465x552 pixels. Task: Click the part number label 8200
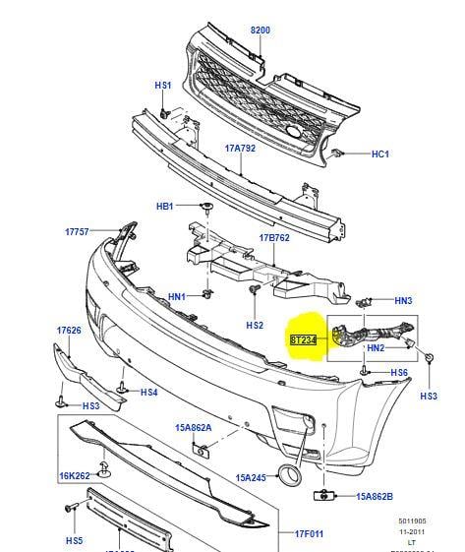[x=260, y=31]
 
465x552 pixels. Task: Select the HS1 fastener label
[x=162, y=87]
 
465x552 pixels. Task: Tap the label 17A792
[x=240, y=150]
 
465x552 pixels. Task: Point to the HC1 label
[x=380, y=154]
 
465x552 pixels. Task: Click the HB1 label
[x=164, y=207]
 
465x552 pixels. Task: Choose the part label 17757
[x=78, y=232]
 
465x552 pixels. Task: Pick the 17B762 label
[x=274, y=238]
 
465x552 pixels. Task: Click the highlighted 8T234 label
[x=304, y=339]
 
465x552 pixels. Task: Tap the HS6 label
[x=398, y=373]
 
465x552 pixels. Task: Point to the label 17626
[x=69, y=331]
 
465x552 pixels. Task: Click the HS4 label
[x=148, y=393]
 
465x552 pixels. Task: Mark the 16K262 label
[x=74, y=475]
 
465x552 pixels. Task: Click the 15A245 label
[x=251, y=478]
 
